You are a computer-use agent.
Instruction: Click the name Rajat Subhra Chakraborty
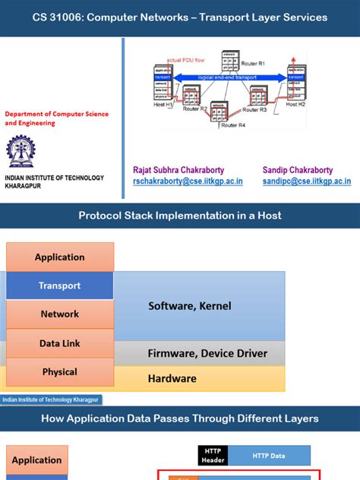tap(178, 170)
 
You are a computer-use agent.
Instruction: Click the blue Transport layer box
tap(60, 286)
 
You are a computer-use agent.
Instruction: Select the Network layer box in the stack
tap(60, 314)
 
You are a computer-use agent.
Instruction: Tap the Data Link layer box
tap(60, 343)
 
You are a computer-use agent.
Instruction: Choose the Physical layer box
tap(60, 371)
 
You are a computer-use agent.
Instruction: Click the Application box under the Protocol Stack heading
tap(60, 257)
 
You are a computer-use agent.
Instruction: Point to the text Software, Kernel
tap(189, 306)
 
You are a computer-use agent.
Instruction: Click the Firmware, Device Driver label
tap(207, 353)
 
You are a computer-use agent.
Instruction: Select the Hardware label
tap(172, 378)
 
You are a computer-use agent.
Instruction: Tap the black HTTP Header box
tap(213, 456)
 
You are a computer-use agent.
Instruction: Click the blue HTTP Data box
tap(269, 456)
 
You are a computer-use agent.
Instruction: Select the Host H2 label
tap(295, 103)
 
